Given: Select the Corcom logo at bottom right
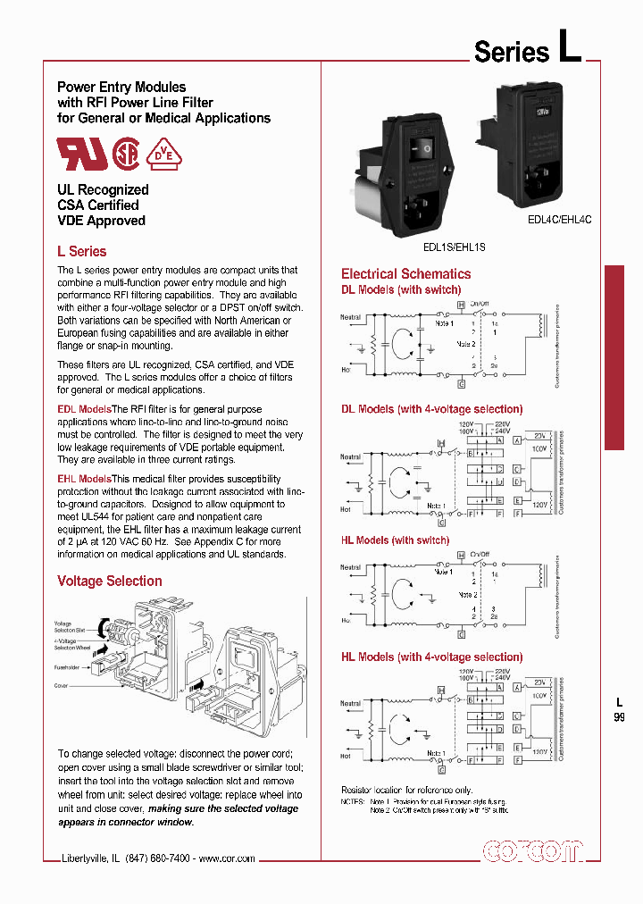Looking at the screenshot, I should click(531, 851).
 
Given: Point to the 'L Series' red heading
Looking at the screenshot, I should click(81, 252).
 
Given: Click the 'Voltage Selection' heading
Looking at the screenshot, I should click(110, 581).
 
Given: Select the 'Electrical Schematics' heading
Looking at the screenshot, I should click(405, 274).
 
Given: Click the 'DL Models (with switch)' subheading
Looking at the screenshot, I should click(401, 289).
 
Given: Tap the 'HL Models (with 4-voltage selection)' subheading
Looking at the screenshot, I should click(431, 657).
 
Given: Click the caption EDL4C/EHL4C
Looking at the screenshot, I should click(560, 219).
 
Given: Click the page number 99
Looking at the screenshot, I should click(620, 716).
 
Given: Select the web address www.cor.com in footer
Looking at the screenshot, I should click(227, 858).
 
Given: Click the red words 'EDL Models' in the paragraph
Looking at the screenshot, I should click(84, 408).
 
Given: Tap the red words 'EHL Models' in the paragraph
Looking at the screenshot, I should click(84, 479).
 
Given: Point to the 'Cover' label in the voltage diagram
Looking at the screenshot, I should click(62, 686).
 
